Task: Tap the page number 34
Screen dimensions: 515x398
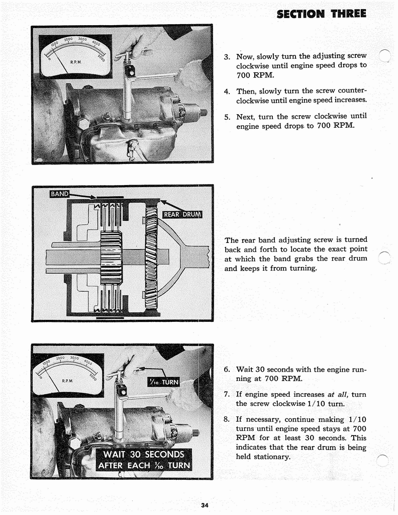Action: coord(204,505)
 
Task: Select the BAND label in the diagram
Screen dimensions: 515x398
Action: coord(59,194)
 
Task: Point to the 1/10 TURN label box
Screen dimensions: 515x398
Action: coord(162,382)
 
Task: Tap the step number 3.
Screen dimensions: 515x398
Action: coord(227,56)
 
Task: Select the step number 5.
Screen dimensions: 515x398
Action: coord(227,116)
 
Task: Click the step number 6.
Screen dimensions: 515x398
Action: coord(227,370)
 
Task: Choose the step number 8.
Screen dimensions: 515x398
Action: coord(227,419)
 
